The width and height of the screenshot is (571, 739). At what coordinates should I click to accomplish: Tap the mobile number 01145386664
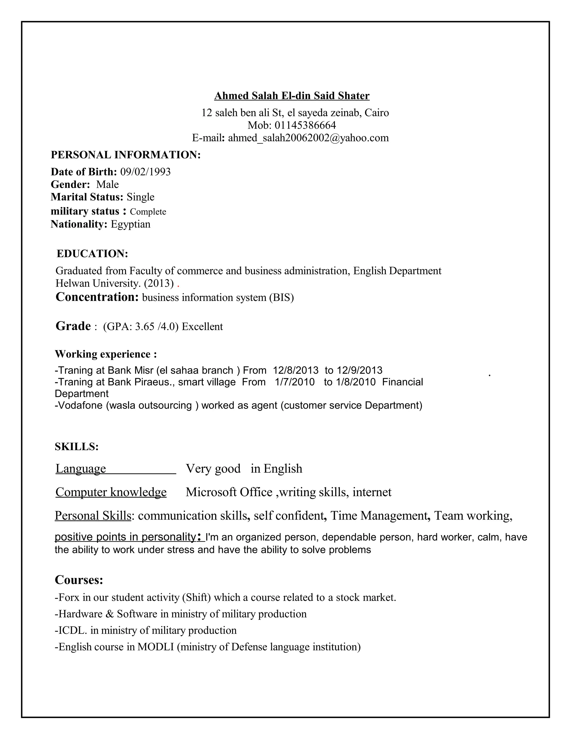pyautogui.click(x=305, y=125)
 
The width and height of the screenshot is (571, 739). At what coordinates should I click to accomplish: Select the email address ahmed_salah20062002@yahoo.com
pyautogui.click(x=308, y=138)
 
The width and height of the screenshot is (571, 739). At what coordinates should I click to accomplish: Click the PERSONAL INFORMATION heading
pyautogui.click(x=125, y=155)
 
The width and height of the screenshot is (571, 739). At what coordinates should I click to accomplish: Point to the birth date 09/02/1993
pyautogui.click(x=146, y=172)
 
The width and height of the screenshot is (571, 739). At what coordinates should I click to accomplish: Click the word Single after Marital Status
pyautogui.click(x=141, y=197)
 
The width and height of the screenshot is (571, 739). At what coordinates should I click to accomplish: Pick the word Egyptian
pyautogui.click(x=130, y=224)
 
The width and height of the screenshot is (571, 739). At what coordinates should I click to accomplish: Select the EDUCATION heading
pyautogui.click(x=92, y=253)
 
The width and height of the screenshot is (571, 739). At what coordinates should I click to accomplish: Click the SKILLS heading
pyautogui.click(x=76, y=447)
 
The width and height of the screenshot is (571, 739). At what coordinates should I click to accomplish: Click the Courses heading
pyautogui.click(x=79, y=580)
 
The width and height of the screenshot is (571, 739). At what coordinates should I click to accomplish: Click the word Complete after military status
pyautogui.click(x=148, y=212)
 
